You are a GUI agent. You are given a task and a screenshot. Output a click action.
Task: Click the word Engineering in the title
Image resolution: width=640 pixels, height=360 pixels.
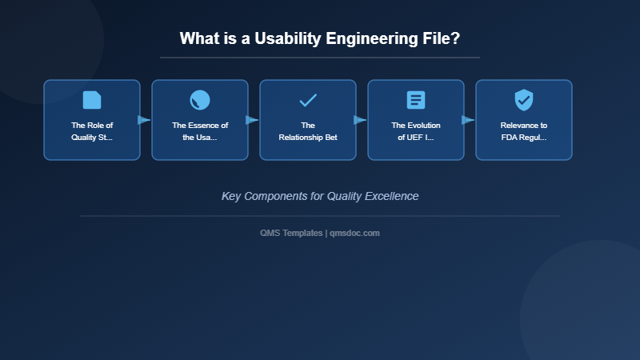(375, 38)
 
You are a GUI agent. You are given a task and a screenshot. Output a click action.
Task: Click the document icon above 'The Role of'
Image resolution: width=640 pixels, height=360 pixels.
(92, 100)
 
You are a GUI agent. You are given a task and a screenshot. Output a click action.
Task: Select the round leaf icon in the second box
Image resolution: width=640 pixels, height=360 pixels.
(200, 100)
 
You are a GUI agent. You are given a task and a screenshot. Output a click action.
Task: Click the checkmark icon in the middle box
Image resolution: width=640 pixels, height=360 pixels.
(308, 100)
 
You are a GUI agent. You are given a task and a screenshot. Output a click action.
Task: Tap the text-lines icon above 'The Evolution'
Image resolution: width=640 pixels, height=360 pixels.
(416, 100)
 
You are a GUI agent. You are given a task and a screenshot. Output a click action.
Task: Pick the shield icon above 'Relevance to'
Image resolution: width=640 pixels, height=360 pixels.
(524, 100)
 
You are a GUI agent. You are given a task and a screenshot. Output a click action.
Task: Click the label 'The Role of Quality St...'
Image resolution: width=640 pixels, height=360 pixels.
(92, 131)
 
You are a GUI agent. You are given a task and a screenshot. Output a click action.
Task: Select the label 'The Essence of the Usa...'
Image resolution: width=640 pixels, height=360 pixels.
(200, 131)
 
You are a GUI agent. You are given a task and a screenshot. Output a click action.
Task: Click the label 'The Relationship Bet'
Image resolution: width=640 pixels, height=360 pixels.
(308, 131)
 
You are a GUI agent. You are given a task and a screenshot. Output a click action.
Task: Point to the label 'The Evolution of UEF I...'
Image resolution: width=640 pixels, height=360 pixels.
(416, 131)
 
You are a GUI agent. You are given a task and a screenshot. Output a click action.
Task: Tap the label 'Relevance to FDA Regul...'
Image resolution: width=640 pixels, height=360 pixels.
(524, 131)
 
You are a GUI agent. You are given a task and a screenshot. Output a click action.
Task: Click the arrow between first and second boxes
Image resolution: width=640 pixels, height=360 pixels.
(144, 120)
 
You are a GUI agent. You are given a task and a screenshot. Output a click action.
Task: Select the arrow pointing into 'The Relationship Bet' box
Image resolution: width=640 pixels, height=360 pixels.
(252, 120)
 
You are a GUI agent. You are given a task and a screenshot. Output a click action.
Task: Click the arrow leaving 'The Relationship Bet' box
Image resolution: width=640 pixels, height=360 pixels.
(360, 120)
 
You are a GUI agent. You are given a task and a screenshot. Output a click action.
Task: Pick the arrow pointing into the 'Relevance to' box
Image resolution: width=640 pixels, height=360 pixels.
(468, 120)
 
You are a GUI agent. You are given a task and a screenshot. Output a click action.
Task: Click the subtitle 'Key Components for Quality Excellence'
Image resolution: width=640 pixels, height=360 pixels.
(320, 196)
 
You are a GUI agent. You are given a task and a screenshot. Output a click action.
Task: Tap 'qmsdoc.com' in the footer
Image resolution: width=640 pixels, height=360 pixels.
(354, 233)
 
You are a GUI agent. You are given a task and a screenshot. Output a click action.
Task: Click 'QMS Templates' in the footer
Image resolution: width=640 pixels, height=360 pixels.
(291, 233)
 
